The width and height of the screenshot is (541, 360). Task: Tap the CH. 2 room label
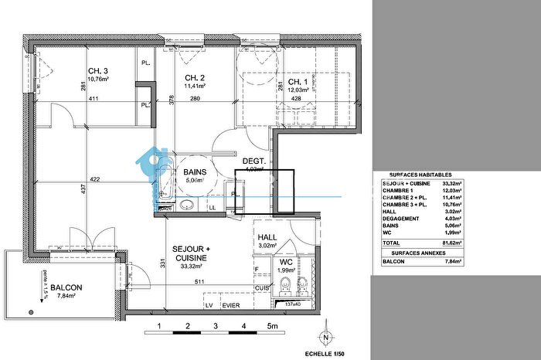(193, 78)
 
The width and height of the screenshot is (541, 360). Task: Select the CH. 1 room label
(299, 83)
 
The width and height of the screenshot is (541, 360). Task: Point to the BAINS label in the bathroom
(194, 173)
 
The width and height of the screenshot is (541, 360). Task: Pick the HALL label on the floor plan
(267, 238)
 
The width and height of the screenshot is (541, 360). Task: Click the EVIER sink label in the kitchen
(231, 305)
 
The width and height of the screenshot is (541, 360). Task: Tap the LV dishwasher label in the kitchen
(209, 305)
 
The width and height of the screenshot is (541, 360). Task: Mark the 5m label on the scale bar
(272, 327)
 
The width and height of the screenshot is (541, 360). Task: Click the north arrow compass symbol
(326, 338)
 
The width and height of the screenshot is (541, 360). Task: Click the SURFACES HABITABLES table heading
(420, 175)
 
